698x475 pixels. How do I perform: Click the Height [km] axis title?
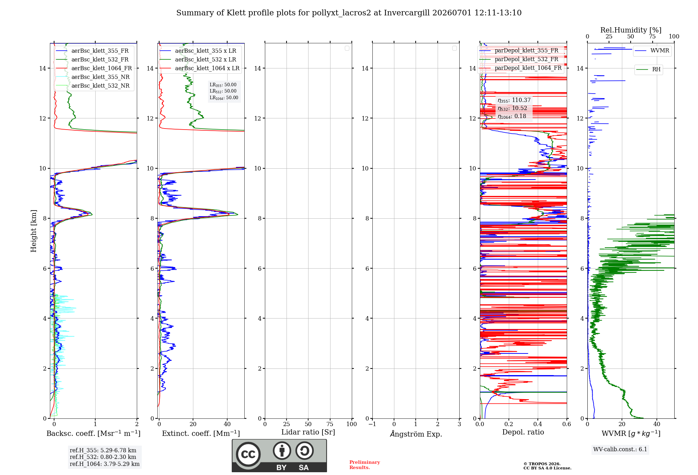[x=34, y=231]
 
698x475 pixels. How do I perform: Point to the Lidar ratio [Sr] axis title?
[x=308, y=432]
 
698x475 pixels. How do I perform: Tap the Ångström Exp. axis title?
[x=416, y=434]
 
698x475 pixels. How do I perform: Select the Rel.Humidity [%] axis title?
[x=631, y=30]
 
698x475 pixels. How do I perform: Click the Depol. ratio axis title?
[x=523, y=432]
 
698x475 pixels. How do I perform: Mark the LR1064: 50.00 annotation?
[x=224, y=98]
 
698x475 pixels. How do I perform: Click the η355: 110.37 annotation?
[x=514, y=100]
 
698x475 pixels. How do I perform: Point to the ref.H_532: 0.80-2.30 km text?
[x=103, y=457]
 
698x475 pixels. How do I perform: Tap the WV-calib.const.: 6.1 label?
[x=620, y=450]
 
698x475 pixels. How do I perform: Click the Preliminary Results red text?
[x=365, y=465]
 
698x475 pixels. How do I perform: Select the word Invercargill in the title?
[x=407, y=13]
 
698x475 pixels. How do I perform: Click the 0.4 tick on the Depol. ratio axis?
[x=538, y=424]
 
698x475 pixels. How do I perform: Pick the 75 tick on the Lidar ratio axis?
[x=330, y=424]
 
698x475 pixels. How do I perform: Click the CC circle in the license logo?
[x=248, y=454]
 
